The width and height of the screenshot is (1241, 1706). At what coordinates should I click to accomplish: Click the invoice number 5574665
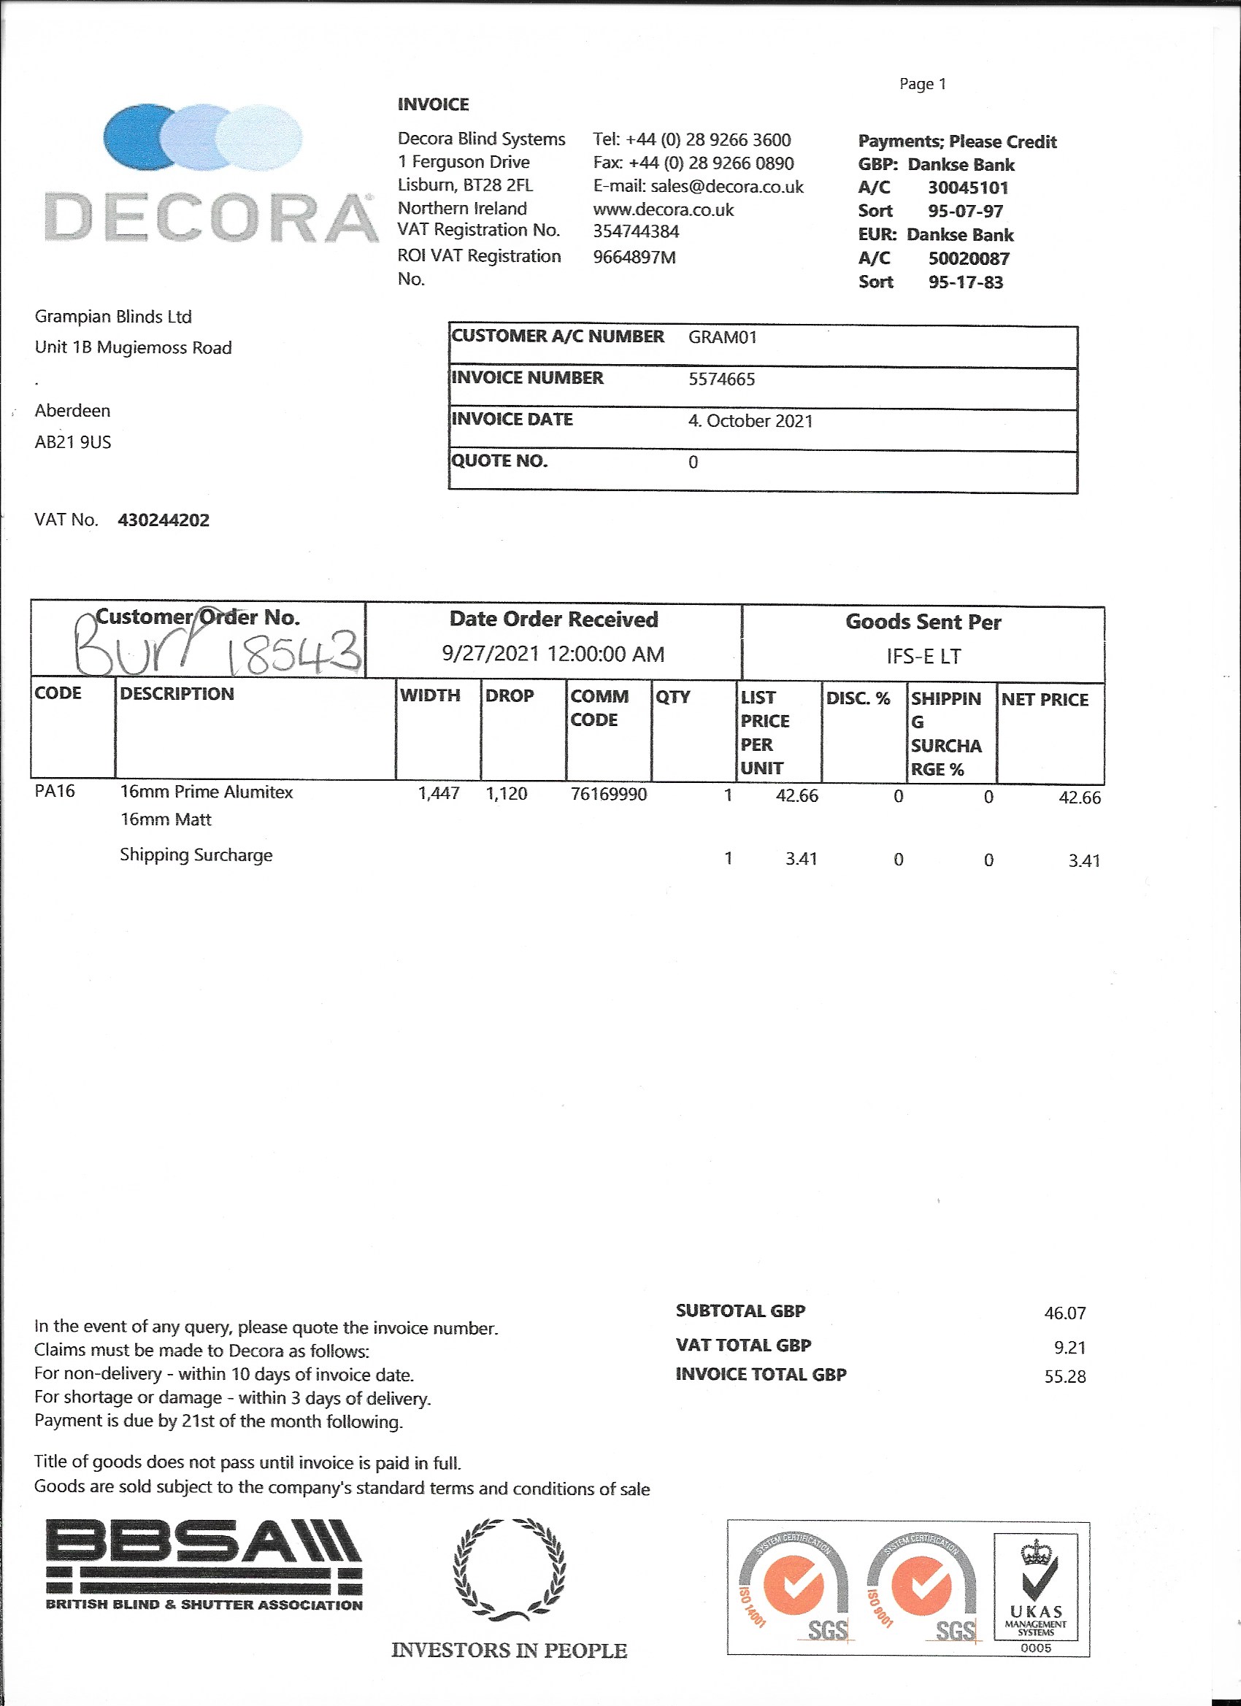(721, 379)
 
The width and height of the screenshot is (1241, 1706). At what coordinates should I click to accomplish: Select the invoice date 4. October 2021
(750, 421)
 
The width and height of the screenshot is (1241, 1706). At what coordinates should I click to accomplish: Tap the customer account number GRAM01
(722, 337)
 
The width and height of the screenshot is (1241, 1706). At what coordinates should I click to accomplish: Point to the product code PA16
(55, 791)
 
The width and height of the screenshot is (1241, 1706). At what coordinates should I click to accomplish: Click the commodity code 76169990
(608, 795)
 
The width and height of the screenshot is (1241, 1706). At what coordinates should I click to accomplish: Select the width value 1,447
(439, 794)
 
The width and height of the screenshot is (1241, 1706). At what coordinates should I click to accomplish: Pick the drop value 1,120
(507, 794)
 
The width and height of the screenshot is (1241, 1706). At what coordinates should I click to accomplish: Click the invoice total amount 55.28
(1065, 1376)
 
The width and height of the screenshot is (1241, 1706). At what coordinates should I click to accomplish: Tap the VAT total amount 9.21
(1069, 1347)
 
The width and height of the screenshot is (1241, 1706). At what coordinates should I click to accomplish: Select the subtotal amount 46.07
(1065, 1313)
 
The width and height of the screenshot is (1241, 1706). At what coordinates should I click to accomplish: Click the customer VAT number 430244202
(164, 520)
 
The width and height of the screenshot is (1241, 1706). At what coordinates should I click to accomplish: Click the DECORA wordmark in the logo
(211, 217)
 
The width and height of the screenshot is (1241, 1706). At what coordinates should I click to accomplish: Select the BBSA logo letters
(203, 1542)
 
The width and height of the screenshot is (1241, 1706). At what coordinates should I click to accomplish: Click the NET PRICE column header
(1045, 700)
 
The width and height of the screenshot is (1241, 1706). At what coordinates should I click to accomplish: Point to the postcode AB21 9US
(73, 442)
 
